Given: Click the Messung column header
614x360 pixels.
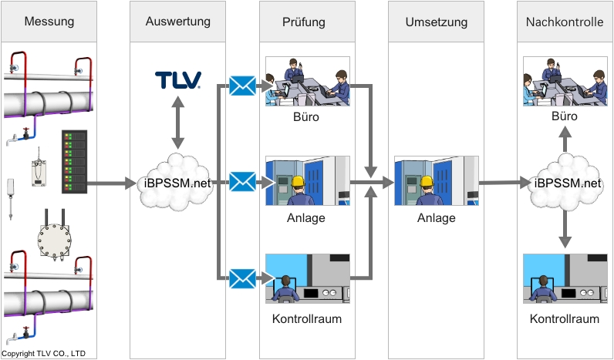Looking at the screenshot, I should coord(49,22).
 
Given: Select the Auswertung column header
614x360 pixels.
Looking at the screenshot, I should coord(177,22).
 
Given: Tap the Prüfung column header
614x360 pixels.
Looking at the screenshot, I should coord(307,22).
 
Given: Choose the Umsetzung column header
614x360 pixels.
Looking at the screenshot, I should coord(437,22).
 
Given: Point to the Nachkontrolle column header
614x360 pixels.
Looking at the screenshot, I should coord(564,22).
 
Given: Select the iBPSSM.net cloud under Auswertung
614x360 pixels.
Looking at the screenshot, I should coord(178,183).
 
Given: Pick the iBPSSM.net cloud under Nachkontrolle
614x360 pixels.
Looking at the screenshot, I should coord(567,183).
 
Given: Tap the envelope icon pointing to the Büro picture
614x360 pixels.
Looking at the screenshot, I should coord(242,86).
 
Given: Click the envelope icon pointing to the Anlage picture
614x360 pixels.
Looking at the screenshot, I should coord(242,183).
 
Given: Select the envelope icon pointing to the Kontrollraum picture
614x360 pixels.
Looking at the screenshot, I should coord(242,278).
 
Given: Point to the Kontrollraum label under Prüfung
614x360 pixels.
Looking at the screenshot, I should coord(307,318).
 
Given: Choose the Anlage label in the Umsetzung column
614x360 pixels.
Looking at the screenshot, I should coord(437,218).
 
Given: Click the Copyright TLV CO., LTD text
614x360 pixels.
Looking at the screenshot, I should coord(44,354).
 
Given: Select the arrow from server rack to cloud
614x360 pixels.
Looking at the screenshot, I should coord(112,184).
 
